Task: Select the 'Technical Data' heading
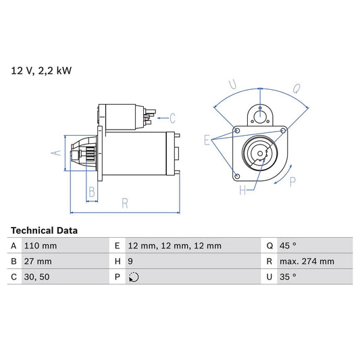click(44, 230)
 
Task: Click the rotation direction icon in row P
click(133, 277)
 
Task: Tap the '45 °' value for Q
click(288, 246)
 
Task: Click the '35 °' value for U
click(288, 277)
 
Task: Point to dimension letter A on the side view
click(57, 153)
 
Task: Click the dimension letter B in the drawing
click(92, 192)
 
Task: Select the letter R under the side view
click(125, 202)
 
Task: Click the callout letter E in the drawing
click(207, 140)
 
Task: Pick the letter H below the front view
click(242, 191)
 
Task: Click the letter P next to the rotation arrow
click(292, 181)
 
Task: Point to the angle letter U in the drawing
click(232, 86)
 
